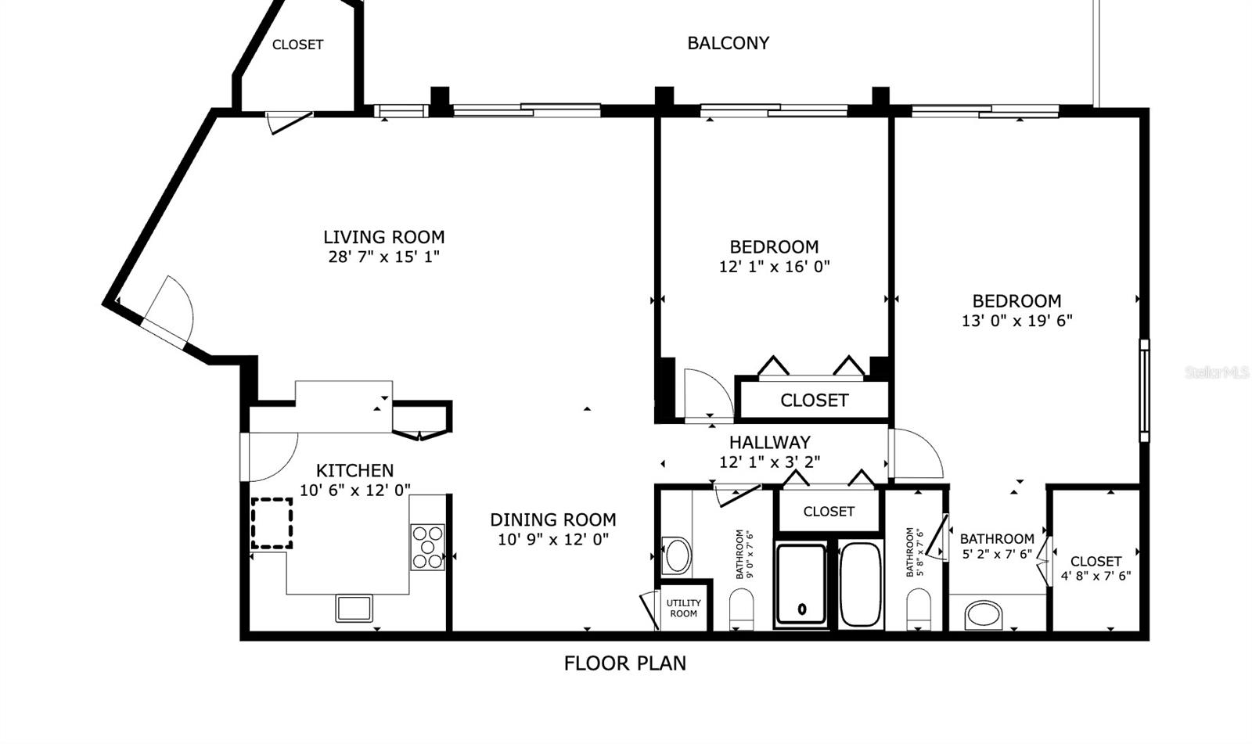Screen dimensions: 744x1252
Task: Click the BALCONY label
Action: [728, 43]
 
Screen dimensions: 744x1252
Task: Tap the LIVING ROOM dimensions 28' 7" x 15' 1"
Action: [383, 257]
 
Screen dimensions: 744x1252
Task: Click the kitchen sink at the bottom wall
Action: [354, 608]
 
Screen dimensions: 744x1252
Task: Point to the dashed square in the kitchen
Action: [272, 523]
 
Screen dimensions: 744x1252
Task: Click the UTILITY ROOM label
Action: [683, 608]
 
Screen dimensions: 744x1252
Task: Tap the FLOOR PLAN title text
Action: [624, 663]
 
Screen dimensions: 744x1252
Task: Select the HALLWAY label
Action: [769, 442]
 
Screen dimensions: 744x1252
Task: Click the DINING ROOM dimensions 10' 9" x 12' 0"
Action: [553, 539]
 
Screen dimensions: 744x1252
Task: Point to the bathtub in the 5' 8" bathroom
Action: [860, 584]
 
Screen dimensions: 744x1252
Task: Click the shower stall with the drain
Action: [801, 585]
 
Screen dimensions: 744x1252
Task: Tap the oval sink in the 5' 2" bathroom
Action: [983, 614]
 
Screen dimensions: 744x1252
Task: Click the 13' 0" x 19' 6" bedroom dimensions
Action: [1016, 320]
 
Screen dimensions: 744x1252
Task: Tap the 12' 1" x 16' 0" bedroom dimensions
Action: [774, 266]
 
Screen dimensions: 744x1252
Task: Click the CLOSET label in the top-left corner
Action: [297, 45]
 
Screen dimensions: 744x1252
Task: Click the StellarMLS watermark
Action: [1217, 373]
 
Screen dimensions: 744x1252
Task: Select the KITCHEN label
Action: [354, 470]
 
